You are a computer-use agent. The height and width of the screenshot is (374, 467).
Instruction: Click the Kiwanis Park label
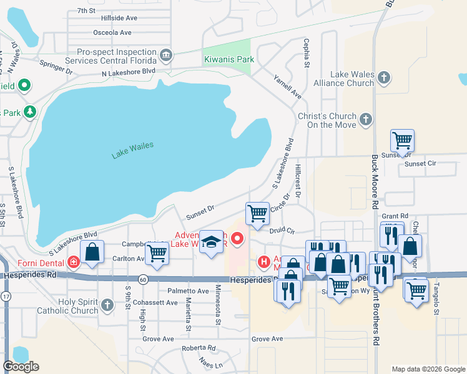[x=229, y=60]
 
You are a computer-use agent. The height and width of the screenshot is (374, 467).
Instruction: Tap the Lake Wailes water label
[x=133, y=150]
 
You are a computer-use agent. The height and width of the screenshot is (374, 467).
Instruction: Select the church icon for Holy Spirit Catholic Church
[x=107, y=305]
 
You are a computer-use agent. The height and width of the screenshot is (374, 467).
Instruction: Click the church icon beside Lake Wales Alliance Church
[x=384, y=78]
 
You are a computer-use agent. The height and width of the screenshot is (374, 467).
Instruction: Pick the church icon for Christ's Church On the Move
[x=366, y=118]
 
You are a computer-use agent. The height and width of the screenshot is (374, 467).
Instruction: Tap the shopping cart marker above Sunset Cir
[x=402, y=141]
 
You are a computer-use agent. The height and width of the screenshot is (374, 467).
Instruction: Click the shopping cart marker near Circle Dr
[x=257, y=214]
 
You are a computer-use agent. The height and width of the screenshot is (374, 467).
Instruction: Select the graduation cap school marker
[x=212, y=242]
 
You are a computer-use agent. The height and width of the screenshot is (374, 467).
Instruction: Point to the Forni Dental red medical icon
[x=74, y=262]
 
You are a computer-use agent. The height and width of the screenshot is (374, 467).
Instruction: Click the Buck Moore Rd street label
[x=375, y=181]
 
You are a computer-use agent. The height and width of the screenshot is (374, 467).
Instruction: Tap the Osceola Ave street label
[x=112, y=32]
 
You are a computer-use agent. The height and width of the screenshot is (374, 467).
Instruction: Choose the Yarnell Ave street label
[x=288, y=87]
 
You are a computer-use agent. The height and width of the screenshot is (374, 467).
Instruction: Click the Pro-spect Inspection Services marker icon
[x=165, y=55]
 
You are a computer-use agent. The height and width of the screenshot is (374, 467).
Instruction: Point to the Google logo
[x=21, y=367]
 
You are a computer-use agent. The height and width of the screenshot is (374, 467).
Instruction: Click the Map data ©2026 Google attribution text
[x=428, y=369]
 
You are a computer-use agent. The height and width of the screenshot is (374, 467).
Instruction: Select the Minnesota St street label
[x=218, y=305]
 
